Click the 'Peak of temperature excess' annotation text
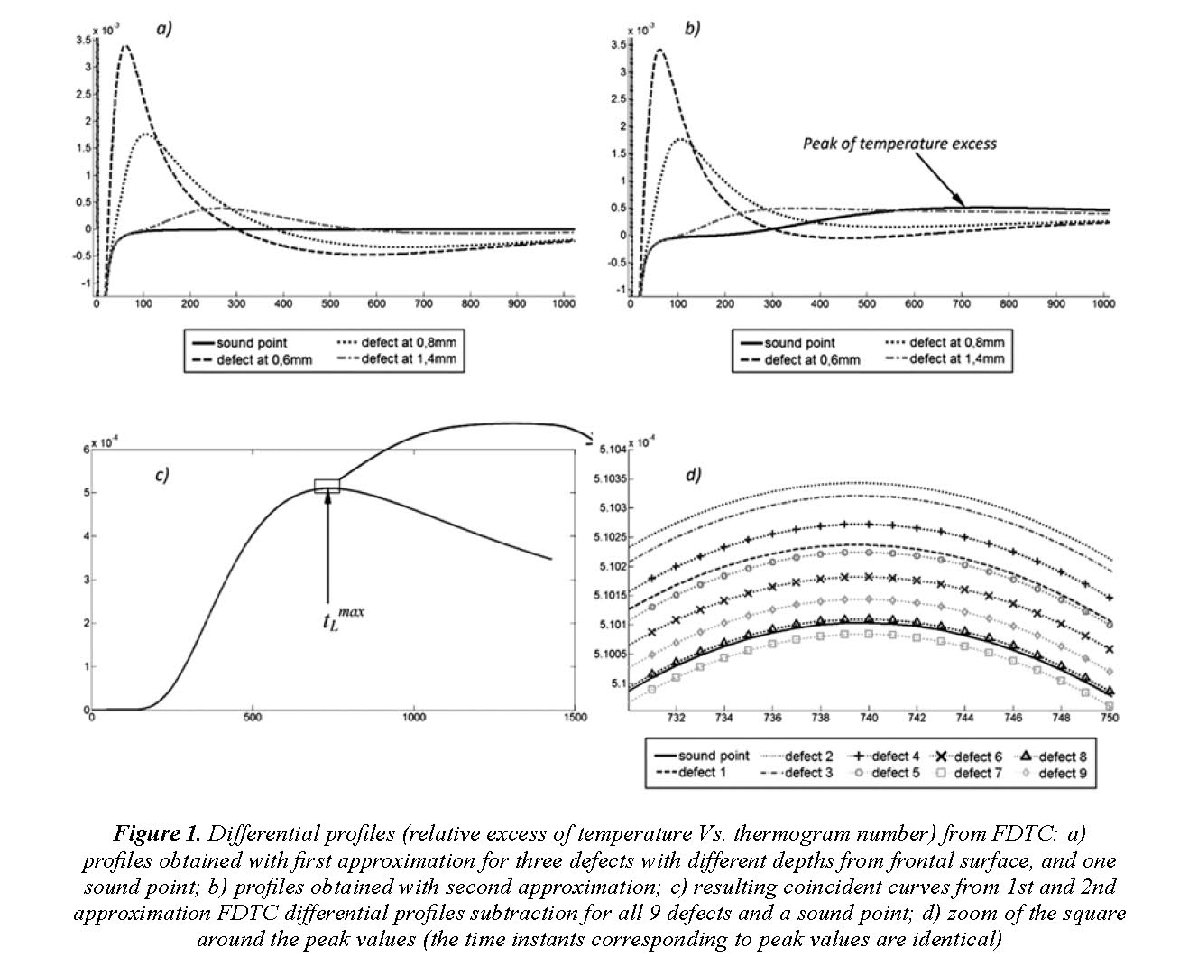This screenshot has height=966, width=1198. click(899, 144)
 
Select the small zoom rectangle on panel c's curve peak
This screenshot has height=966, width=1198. click(327, 485)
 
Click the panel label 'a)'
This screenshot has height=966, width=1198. click(163, 28)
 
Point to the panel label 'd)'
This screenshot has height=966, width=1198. click(693, 474)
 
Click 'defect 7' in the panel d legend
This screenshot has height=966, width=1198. click(978, 773)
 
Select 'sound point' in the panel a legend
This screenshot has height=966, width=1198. click(251, 343)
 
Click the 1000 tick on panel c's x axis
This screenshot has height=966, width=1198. click(413, 718)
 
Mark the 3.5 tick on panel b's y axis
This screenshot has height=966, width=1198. click(619, 44)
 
